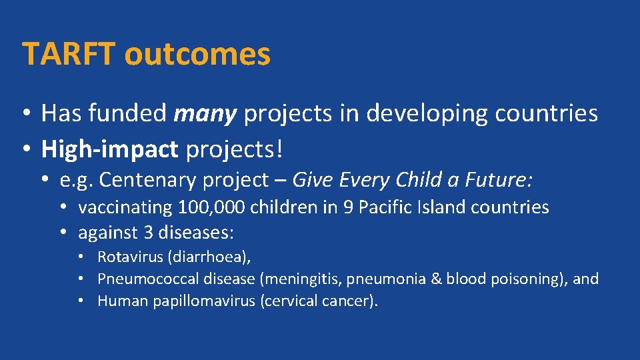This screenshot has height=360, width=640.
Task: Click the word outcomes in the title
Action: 197,54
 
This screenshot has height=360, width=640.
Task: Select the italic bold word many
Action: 205,114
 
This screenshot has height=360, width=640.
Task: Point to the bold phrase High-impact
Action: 109,150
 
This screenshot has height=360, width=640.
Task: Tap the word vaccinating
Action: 125,207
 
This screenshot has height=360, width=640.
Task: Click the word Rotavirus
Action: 130,257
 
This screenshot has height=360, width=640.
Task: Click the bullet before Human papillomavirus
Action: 80,301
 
